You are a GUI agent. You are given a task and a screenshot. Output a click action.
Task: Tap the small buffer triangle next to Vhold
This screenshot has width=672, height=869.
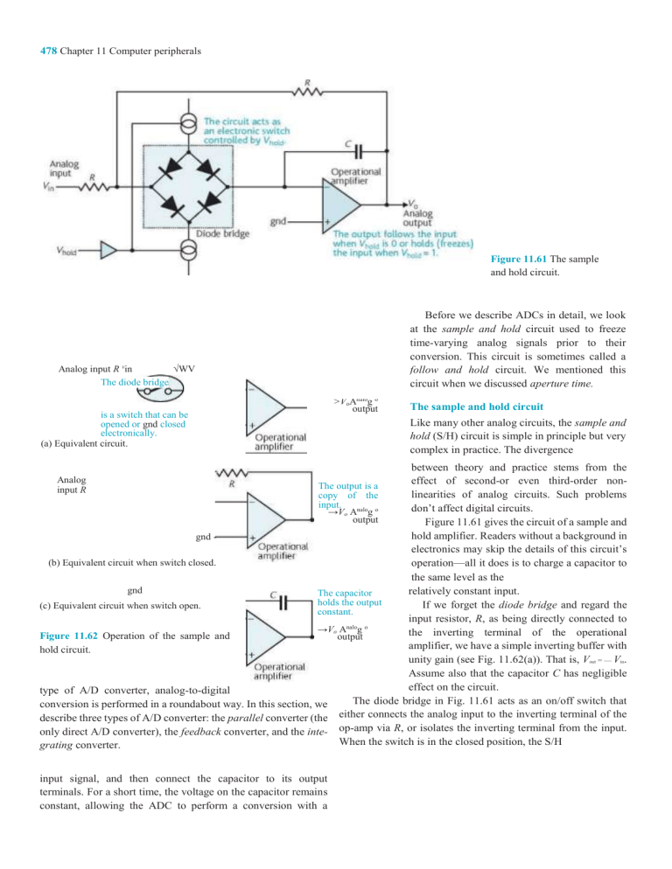click(x=107, y=252)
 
